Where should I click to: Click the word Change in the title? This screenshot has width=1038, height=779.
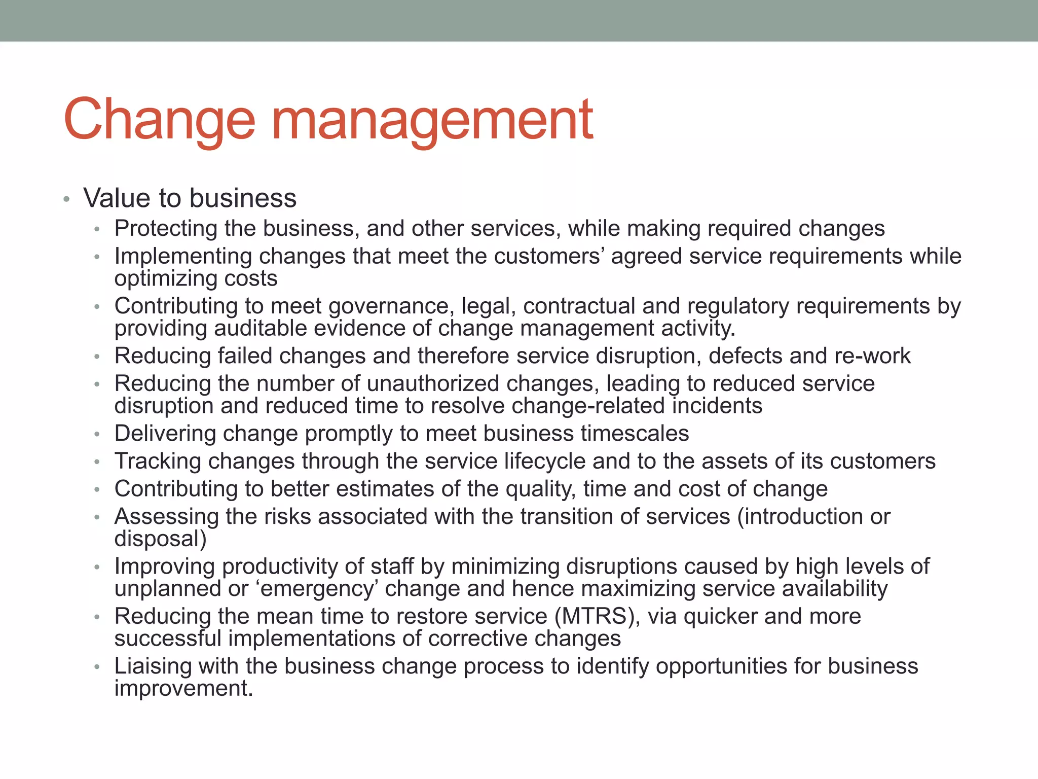coord(159,120)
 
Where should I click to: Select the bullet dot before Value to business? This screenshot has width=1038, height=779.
coord(66,199)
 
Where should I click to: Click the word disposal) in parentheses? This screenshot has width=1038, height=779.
coord(160,539)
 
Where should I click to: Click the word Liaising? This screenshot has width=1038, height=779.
coord(153,666)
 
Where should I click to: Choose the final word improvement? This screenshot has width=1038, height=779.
coord(183,689)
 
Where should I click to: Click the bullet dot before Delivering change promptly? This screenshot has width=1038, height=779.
coord(97,435)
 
